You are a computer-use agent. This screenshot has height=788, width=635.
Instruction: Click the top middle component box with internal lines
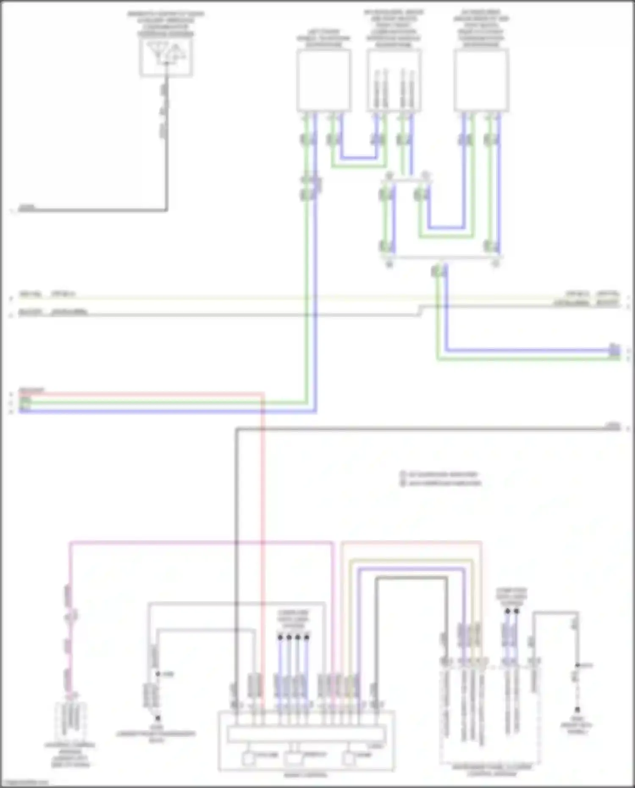(394, 80)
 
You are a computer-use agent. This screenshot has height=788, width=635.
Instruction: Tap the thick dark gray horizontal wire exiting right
(423, 429)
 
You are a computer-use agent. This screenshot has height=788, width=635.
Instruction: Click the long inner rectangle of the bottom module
(306, 735)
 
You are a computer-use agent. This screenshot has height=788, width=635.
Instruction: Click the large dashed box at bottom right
(490, 716)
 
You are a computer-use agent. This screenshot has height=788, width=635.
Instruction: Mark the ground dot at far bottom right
(577, 710)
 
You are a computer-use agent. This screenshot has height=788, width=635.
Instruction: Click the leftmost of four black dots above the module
(280, 637)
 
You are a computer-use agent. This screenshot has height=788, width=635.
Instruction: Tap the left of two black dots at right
(508, 611)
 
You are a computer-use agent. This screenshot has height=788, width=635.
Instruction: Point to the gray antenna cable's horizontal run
(93, 210)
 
